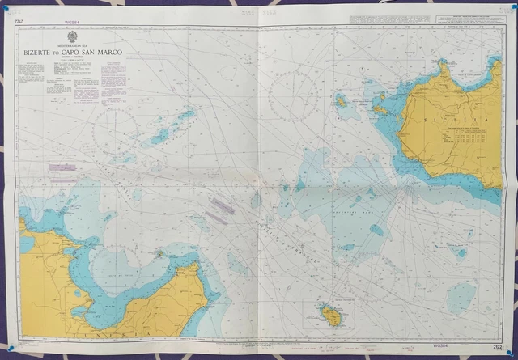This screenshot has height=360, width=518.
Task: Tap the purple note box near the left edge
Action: coord(63,167)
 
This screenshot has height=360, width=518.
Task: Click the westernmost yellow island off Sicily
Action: coord(341,102)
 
